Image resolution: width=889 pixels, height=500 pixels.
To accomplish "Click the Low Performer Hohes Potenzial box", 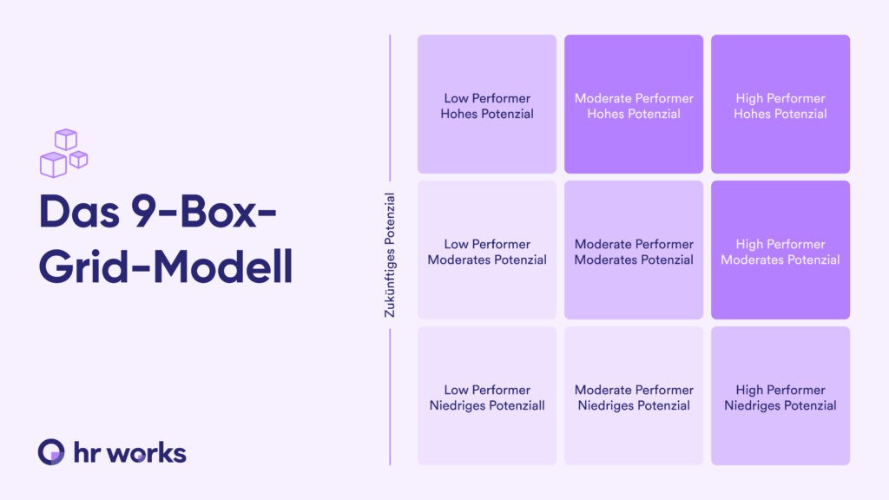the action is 487,104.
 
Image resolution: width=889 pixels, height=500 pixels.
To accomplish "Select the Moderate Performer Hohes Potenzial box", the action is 634,104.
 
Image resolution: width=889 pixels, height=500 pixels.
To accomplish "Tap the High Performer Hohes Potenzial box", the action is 780,104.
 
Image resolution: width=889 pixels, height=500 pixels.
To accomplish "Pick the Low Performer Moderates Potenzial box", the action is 487,250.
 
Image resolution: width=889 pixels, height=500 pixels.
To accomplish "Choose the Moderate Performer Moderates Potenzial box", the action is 634,250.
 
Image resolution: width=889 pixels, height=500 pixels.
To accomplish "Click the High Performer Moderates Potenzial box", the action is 780,250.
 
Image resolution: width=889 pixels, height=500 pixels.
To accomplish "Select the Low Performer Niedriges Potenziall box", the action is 487,396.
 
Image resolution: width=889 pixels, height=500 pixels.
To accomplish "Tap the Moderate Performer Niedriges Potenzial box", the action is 634,396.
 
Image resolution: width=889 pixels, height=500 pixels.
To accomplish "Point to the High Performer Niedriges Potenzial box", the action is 780,396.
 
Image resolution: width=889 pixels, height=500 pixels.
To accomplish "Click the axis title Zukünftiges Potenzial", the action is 390,255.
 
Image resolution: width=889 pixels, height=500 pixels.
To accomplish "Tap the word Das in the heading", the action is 79,212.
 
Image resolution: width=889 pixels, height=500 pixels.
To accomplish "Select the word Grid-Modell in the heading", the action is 166,266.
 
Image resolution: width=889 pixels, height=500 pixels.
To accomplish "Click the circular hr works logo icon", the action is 51,451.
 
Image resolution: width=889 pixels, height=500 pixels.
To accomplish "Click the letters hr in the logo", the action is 88,453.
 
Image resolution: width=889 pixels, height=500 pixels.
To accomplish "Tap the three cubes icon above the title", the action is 64,154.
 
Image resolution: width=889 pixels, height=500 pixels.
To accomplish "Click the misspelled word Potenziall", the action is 517,406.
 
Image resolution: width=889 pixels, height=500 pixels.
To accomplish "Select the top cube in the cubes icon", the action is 66,140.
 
